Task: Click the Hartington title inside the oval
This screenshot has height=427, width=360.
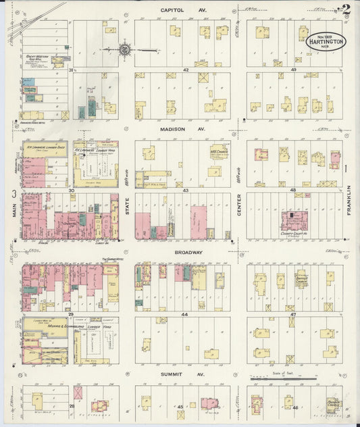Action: click(x=326, y=41)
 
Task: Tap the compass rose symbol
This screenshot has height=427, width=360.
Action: click(x=125, y=49)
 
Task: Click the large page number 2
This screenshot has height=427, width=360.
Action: click(x=346, y=9)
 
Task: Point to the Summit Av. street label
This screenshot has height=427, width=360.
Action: click(x=182, y=374)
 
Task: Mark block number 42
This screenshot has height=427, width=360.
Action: click(x=183, y=70)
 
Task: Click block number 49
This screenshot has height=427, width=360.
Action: click(x=294, y=70)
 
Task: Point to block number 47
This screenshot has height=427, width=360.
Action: click(x=293, y=315)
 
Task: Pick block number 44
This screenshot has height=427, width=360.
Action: click(x=183, y=315)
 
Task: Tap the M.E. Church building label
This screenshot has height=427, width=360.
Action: click(x=217, y=151)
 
